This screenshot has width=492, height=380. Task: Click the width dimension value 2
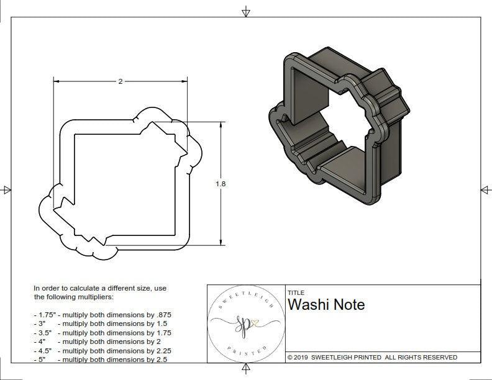point(120,81)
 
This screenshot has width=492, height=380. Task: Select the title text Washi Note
point(326,305)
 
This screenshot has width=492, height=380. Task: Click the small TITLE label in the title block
point(295,293)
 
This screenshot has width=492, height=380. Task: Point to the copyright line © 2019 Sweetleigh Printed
point(372,357)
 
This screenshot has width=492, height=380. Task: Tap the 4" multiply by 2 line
point(98,342)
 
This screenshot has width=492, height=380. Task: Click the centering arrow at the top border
point(246,11)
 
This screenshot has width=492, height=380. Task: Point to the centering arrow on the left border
point(6,190)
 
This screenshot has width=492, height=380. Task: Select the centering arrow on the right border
point(485,190)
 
